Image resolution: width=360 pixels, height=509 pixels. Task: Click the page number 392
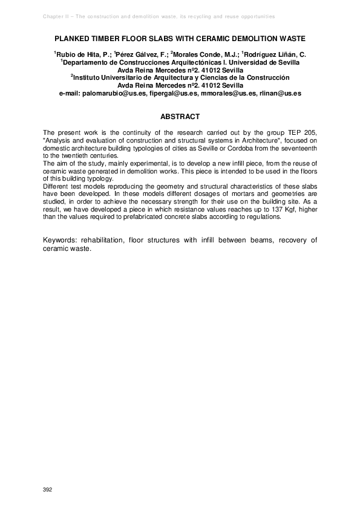pos(47,488)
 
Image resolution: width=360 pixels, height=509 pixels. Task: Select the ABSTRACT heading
pos(180,116)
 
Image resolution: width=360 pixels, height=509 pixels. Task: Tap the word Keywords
pos(62,241)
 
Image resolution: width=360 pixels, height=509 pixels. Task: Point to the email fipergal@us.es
pos(174,94)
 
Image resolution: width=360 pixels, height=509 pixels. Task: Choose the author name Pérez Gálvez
pos(139,54)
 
